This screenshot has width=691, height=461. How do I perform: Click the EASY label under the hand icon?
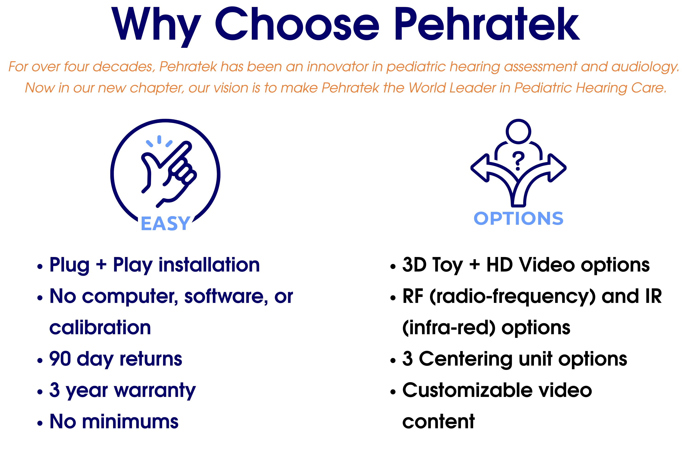click(x=166, y=223)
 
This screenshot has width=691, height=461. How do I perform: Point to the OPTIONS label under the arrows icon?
click(x=518, y=219)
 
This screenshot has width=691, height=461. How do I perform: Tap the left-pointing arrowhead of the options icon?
click(x=480, y=168)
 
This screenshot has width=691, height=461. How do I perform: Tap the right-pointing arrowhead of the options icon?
click(x=557, y=168)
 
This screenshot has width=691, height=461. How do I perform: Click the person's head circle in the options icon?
click(x=518, y=131)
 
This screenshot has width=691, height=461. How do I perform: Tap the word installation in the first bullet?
click(x=209, y=265)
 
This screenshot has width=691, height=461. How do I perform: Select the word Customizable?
click(x=467, y=390)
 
